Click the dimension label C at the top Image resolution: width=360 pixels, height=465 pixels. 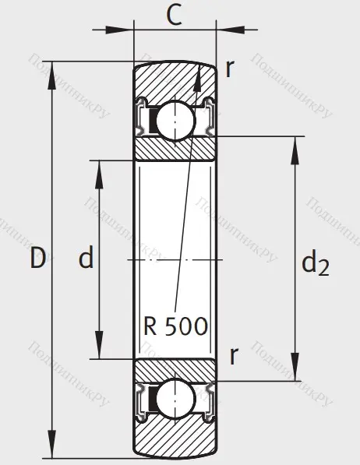[175, 15]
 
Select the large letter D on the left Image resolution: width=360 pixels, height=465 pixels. [37, 259]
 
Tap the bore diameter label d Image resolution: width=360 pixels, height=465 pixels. [86, 259]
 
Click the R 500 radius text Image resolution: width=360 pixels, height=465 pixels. [176, 326]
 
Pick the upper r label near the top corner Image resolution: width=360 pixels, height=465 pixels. [229, 69]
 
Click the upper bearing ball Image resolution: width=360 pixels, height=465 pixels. [174, 121]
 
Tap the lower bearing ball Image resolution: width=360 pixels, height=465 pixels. [174, 399]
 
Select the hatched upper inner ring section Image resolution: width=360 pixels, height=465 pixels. [174, 149]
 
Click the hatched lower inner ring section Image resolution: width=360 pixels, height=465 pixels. [174, 371]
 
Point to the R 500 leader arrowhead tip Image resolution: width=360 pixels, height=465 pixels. [199, 68]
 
